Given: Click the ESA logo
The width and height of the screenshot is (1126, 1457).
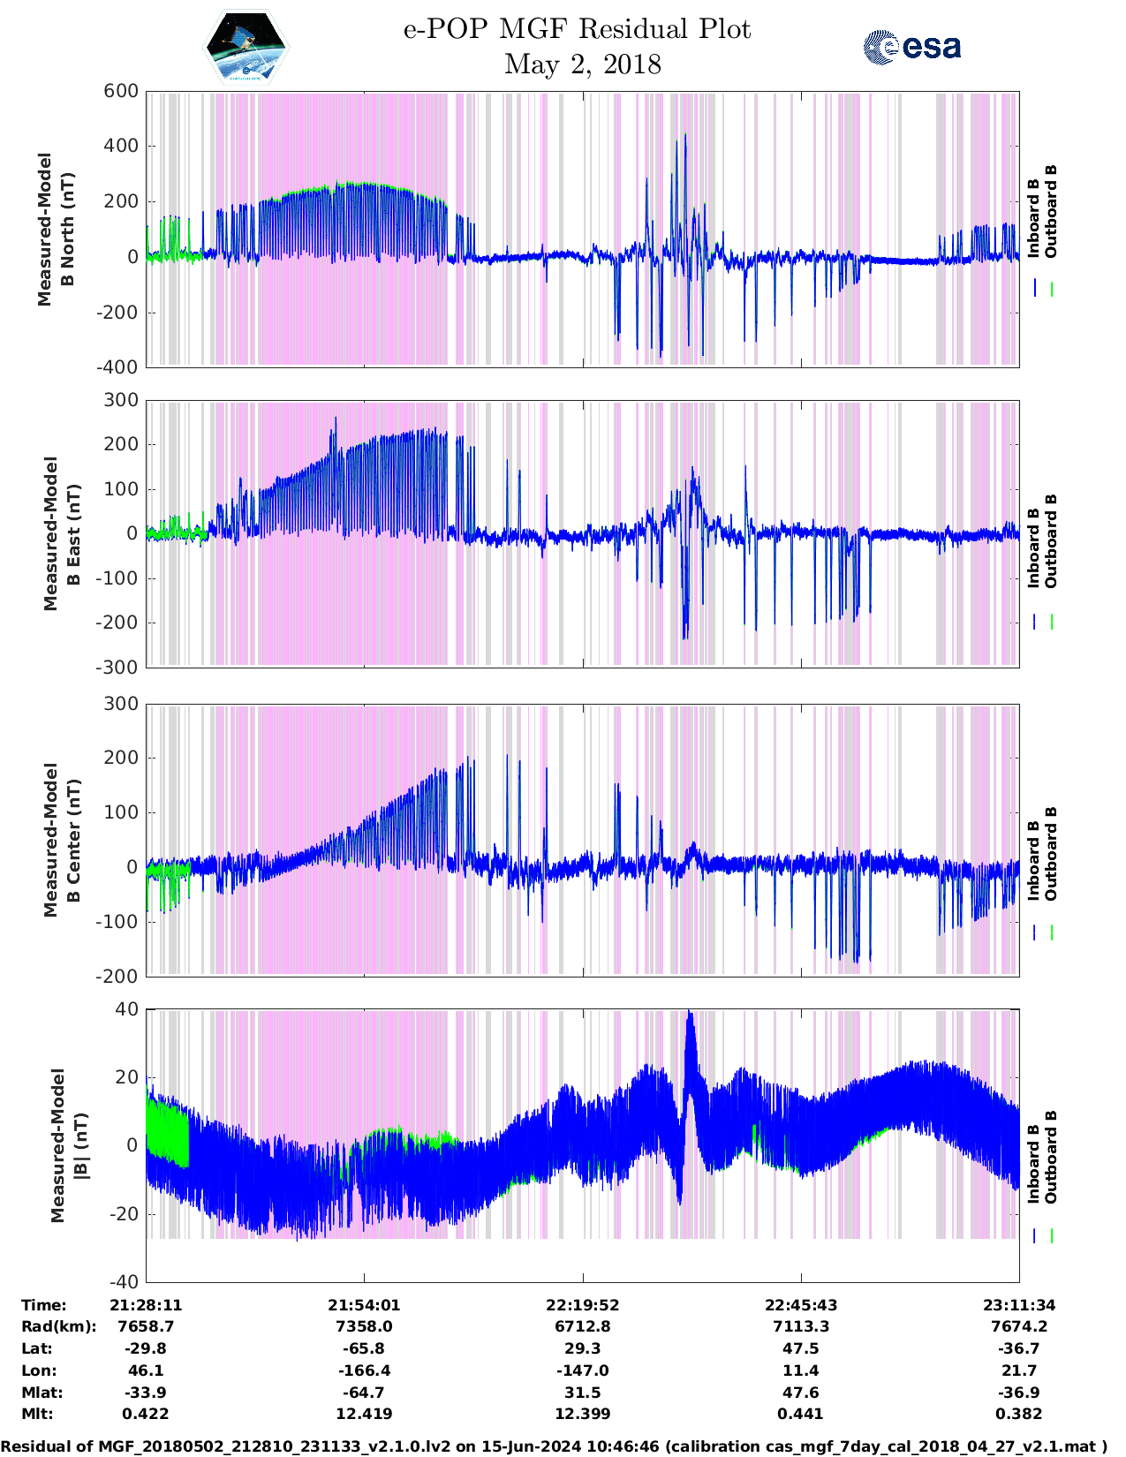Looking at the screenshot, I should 911,47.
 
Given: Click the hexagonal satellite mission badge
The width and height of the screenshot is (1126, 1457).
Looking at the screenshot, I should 246,47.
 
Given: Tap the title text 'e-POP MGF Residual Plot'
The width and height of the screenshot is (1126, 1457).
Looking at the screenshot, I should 577,29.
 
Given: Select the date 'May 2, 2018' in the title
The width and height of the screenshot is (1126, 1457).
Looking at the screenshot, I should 582,64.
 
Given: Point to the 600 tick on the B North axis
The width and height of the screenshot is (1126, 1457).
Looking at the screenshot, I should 122,91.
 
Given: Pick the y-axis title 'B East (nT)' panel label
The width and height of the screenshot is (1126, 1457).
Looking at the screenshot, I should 62,533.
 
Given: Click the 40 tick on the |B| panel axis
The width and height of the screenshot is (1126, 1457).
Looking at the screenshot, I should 127,1009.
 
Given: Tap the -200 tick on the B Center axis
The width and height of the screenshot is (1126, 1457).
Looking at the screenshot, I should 117,976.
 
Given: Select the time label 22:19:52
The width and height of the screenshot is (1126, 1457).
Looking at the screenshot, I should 582,1305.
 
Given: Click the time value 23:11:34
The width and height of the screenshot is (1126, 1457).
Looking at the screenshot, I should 1019,1305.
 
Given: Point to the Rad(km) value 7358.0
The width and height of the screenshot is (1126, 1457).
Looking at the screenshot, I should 364,1326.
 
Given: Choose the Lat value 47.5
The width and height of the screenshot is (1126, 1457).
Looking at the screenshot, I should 800,1348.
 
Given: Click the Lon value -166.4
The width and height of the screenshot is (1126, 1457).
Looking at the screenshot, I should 364,1370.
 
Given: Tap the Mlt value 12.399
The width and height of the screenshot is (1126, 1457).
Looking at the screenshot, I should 582,1414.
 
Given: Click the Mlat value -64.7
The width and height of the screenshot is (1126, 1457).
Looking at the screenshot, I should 364,1393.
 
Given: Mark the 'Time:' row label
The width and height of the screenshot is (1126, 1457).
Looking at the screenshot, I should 44,1305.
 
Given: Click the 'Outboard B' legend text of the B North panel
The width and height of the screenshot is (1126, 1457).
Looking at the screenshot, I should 1051,212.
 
